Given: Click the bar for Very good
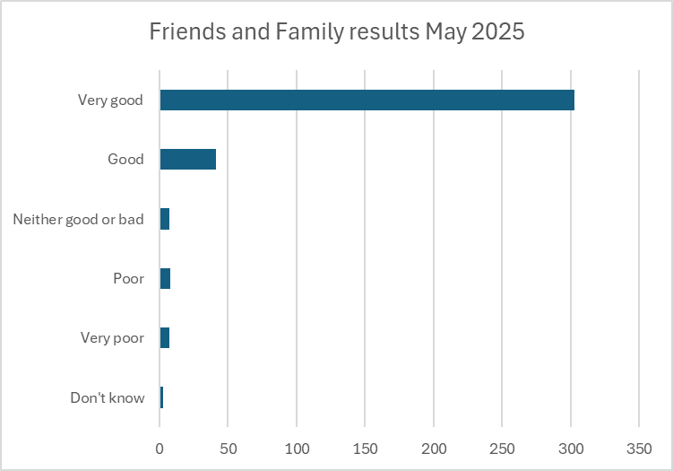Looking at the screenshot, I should tap(367, 100).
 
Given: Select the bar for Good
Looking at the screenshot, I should tap(188, 159).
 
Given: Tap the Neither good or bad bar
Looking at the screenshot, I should tap(165, 219).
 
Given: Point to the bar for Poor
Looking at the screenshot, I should tap(165, 278).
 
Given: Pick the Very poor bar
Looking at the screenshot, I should tap(165, 337).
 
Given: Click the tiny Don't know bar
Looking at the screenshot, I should tap(162, 397).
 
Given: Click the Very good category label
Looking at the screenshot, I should tap(110, 100).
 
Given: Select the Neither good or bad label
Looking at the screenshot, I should tap(78, 219).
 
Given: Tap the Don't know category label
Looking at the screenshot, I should tap(107, 397).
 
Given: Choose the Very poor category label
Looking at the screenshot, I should tap(112, 338).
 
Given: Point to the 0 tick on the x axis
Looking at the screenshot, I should tap(160, 446).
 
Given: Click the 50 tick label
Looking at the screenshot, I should tap(229, 446).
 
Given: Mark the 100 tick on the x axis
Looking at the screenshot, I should tap(297, 446).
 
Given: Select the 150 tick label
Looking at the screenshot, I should tap(365, 446).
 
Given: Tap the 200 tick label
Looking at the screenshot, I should tap(434, 446).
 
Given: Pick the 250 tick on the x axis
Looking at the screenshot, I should tap(502, 446).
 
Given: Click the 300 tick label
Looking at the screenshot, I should tap(571, 446).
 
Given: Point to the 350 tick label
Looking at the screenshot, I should tap(639, 446).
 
